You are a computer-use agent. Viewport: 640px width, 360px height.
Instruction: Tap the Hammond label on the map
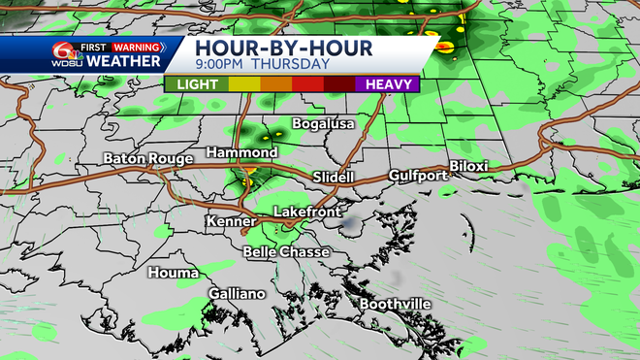[x=242, y=153]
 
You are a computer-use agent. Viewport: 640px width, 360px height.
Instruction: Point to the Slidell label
[x=336, y=177]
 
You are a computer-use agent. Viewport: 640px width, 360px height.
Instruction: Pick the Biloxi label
[x=468, y=166]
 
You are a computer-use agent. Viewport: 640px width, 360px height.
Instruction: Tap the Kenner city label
[x=231, y=222]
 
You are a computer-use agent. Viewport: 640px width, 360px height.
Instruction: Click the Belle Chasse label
[x=286, y=252]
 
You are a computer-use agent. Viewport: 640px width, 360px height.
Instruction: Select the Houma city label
[x=173, y=273]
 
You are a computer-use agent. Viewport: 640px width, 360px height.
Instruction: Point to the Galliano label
[x=237, y=294]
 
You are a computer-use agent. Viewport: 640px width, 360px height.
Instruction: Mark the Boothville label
[x=395, y=305]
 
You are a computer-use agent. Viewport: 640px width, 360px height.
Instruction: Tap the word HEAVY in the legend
[x=387, y=83]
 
